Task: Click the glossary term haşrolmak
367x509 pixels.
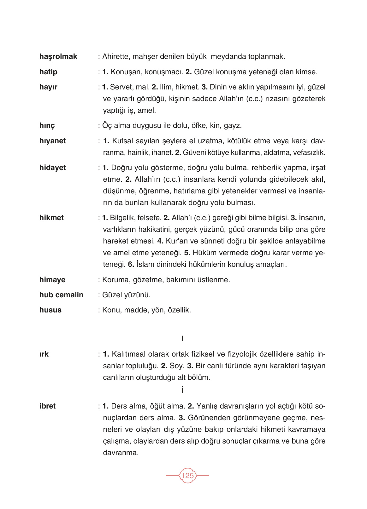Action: pos(58,57)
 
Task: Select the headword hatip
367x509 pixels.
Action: pos(48,72)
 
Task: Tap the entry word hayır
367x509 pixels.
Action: pos(48,87)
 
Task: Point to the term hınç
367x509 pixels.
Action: pos(47,126)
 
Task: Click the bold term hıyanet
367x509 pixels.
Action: pos(52,141)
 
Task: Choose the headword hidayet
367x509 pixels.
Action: pos(52,168)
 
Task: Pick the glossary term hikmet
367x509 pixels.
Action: pos(51,218)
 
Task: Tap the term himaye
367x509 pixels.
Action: pos(52,280)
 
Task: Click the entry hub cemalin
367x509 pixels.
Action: pos(61,295)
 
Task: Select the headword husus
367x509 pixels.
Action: pos(50,310)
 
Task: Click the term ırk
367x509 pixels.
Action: pos(44,354)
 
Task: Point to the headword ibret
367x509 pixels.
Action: pos(47,406)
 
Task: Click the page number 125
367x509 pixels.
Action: pos(187,476)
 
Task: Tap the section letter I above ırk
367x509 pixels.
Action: pos(182,339)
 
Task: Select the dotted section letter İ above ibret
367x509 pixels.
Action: pos(182,391)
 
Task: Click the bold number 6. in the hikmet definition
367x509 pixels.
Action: pos(131,265)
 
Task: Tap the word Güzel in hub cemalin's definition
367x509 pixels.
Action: pos(112,295)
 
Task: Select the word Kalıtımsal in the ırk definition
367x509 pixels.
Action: pos(130,354)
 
